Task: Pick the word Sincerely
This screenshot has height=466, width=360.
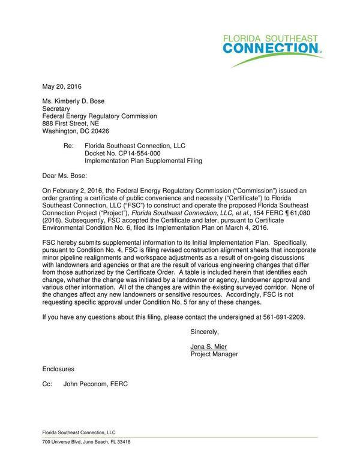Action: click(x=205, y=331)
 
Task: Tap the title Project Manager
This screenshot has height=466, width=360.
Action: click(x=214, y=354)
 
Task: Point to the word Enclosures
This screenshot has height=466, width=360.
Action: click(x=58, y=369)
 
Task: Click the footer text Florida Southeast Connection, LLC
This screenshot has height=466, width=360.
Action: click(x=78, y=432)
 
